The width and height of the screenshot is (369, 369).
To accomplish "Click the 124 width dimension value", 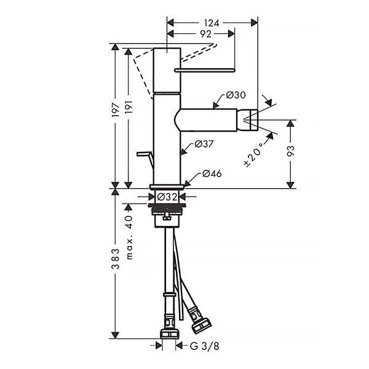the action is tap(212, 23).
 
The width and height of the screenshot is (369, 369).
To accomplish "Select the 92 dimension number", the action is tap(205, 34).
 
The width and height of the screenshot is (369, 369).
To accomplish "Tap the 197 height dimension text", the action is tap(116, 109).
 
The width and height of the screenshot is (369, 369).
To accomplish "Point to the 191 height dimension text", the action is tap(129, 108).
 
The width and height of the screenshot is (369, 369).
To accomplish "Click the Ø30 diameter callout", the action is tap(236, 95).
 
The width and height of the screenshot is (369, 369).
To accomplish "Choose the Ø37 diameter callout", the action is tap(204, 144).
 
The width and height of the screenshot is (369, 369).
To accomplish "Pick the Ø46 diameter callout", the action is tap(212, 173).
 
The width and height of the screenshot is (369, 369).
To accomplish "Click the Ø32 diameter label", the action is tap(167, 197).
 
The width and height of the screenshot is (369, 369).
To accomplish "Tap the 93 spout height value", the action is tap(291, 151).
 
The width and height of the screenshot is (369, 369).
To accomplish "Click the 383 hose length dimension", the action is tap(116, 258).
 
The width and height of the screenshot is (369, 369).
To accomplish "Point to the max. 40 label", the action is tap(129, 237).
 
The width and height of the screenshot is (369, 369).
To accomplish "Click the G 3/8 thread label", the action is tap(205, 346).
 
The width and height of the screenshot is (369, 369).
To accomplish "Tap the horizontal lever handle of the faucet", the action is tap(205, 70).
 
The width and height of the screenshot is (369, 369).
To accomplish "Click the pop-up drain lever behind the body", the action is tap(145, 158).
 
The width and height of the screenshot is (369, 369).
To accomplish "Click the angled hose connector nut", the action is tap(200, 325).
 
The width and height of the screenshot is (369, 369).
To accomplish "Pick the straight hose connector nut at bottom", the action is tap(170, 334).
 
